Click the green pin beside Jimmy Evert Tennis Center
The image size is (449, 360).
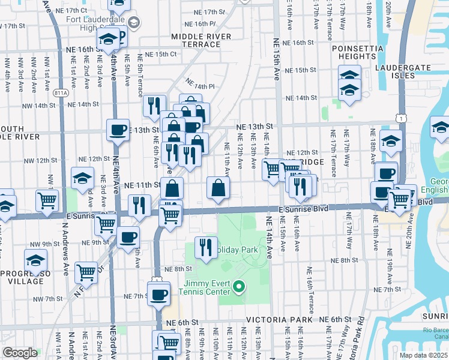tap(240, 287)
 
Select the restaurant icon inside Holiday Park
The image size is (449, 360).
tap(206, 248)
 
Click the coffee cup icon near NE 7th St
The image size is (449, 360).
tap(159, 295)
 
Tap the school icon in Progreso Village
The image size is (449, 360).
tap(35, 261)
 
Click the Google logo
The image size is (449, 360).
tap(20, 353)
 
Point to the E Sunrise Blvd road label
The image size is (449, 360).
tap(304, 209)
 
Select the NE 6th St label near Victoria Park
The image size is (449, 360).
tap(335, 320)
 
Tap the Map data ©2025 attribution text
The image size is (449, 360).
tap(423, 355)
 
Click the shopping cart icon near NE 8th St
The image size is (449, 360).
tap(86, 272)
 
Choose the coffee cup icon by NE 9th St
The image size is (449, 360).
tap(127, 237)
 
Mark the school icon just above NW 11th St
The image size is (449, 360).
tap(82, 178)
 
